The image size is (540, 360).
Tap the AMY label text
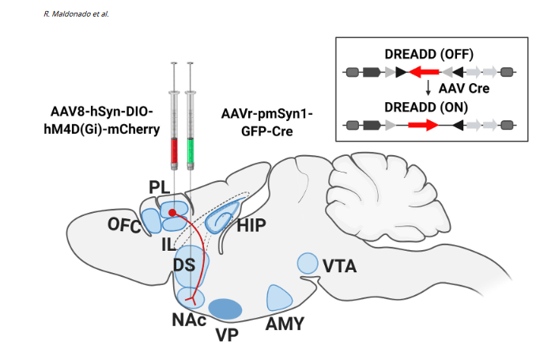pos(284,324)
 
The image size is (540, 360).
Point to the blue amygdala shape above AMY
pos(279,297)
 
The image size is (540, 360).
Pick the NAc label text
pos(189,320)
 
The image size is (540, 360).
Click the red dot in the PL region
pos(172,213)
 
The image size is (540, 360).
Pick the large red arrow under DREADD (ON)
pos(422,124)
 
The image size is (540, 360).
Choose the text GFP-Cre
pos(269,130)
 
